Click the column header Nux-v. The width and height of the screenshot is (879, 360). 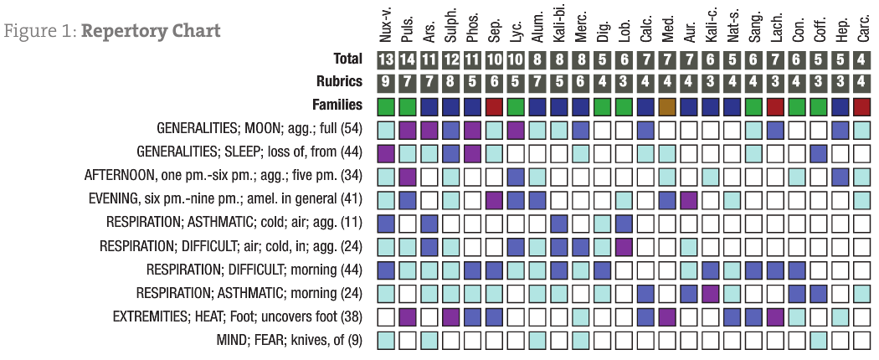point(386,25)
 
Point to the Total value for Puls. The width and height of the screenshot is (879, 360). point(408,59)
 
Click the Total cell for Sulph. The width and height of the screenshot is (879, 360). point(451,59)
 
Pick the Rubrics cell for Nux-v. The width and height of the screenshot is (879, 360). point(386,83)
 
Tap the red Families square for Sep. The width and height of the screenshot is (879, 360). point(495,106)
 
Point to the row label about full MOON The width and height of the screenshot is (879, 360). point(260,130)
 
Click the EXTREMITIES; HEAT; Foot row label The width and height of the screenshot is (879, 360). point(238,317)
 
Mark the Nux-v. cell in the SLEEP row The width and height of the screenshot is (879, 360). point(386,153)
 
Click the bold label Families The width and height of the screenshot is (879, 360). point(336,105)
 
